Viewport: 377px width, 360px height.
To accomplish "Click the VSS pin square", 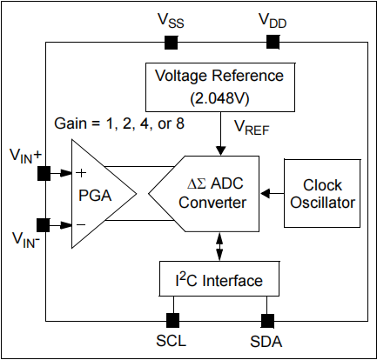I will [172, 42].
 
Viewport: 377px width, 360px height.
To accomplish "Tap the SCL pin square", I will [172, 319].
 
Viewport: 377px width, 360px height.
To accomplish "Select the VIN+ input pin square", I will [44, 171].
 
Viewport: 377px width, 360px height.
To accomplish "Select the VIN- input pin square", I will [44, 223].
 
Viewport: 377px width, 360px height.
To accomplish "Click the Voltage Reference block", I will [219, 85].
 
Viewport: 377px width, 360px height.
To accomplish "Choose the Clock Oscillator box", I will [321, 193].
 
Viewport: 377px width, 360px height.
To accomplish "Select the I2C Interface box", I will [219, 280].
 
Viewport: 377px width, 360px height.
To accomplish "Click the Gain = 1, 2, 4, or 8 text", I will [119, 123].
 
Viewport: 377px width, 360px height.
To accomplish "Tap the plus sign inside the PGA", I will [80, 171].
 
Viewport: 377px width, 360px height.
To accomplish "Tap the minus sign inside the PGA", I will [80, 223].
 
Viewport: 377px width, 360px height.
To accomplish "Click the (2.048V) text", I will [219, 95].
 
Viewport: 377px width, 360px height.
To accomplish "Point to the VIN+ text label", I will [27, 156].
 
